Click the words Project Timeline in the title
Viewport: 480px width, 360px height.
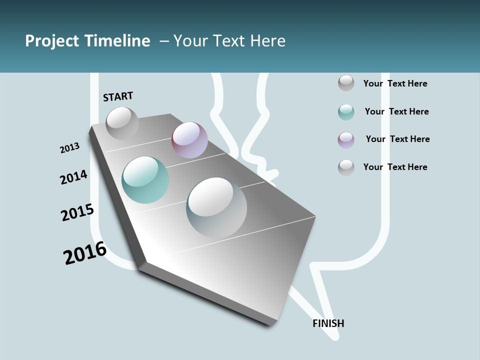[87, 40]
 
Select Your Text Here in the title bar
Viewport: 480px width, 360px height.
[229, 40]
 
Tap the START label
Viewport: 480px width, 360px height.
[118, 96]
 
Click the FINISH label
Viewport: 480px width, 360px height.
[328, 323]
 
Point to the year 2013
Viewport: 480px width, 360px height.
[69, 148]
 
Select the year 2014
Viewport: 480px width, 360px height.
[74, 177]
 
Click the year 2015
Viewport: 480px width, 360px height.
[77, 212]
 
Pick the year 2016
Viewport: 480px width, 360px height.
[85, 252]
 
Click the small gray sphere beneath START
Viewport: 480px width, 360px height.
[122, 123]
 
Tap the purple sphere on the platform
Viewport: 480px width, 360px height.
[189, 140]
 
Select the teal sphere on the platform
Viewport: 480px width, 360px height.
[145, 180]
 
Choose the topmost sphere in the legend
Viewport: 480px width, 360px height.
[346, 83]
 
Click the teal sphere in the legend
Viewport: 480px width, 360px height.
[346, 112]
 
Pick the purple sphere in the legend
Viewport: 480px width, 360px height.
[346, 140]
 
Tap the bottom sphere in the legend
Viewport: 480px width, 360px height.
[346, 167]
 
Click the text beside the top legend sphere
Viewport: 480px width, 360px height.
[395, 83]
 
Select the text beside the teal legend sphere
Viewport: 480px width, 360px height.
[396, 111]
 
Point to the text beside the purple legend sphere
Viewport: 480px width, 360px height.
[397, 139]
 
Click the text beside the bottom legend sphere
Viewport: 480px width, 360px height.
[395, 167]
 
